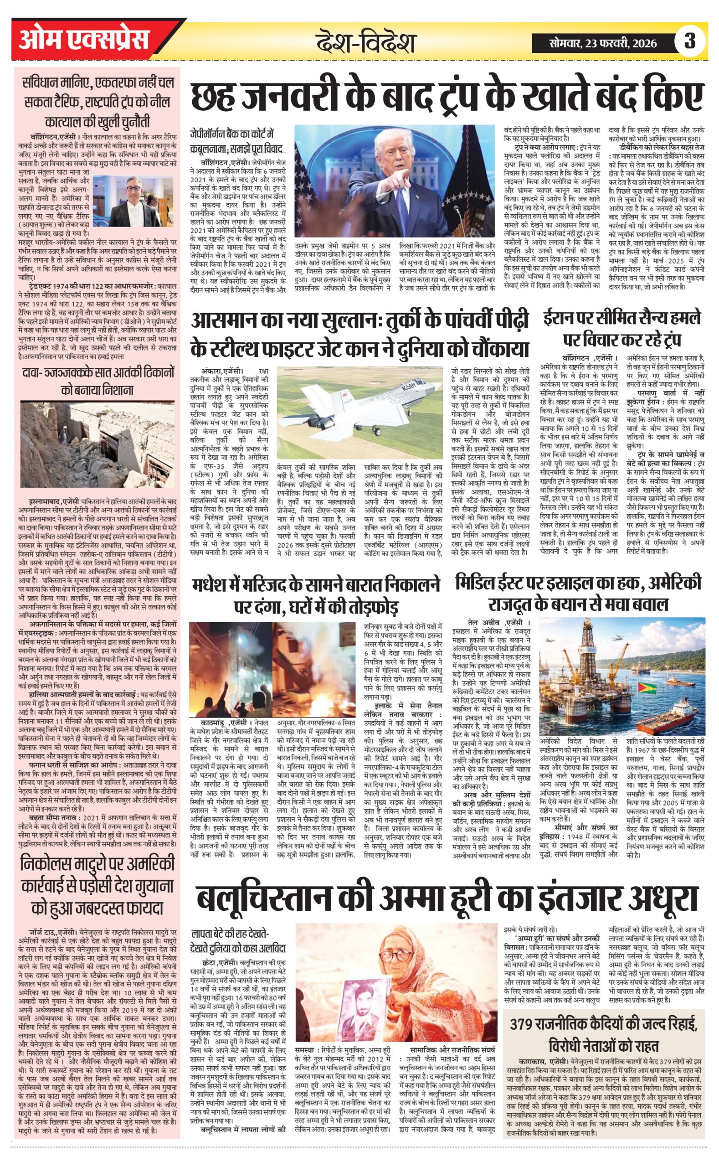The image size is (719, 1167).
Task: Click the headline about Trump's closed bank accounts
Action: tap(446, 98)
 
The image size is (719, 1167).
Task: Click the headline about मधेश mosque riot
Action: tap(316, 595)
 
